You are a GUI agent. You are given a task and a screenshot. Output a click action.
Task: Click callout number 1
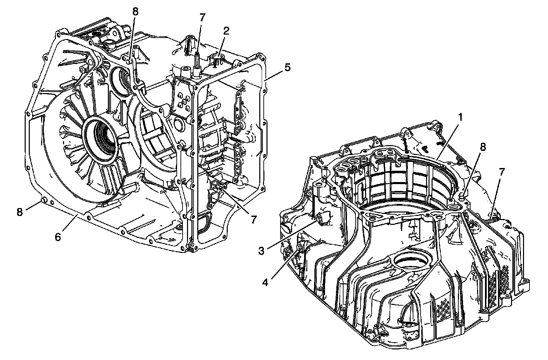(x=461, y=118)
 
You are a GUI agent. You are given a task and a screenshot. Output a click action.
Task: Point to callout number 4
(x=265, y=283)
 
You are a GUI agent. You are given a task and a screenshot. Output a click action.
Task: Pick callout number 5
(x=287, y=67)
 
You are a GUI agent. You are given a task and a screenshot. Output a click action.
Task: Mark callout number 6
(x=58, y=237)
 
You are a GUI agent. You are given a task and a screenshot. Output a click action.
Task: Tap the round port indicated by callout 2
(x=218, y=56)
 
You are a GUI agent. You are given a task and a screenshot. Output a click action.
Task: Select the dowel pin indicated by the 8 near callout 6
(x=43, y=200)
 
